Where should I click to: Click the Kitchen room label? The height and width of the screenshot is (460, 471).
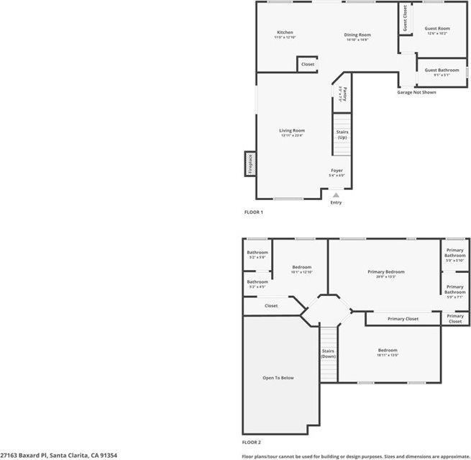(x=285, y=32)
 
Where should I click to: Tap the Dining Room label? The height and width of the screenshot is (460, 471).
(x=357, y=35)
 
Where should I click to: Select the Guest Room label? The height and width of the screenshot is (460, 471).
(x=436, y=28)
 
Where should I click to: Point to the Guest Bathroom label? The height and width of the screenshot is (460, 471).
(x=441, y=70)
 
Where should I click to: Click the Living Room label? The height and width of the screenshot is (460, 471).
(x=292, y=130)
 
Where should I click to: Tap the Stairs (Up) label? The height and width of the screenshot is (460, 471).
(x=342, y=135)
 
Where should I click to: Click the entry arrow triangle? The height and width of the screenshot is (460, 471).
(x=336, y=194)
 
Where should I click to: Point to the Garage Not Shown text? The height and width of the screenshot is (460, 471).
(x=417, y=92)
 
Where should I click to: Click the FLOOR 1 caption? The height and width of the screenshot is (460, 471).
(x=254, y=212)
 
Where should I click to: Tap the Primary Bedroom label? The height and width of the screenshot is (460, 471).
(x=386, y=271)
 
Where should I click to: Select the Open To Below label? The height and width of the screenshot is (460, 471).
(x=278, y=377)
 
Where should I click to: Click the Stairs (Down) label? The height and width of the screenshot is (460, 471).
(x=329, y=353)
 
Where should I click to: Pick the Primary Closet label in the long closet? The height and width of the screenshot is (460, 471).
(x=403, y=318)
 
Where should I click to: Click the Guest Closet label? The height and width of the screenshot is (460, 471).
(x=405, y=18)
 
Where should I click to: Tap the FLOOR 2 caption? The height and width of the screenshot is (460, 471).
(x=251, y=441)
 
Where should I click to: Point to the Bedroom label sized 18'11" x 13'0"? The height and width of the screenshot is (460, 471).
(x=388, y=351)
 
